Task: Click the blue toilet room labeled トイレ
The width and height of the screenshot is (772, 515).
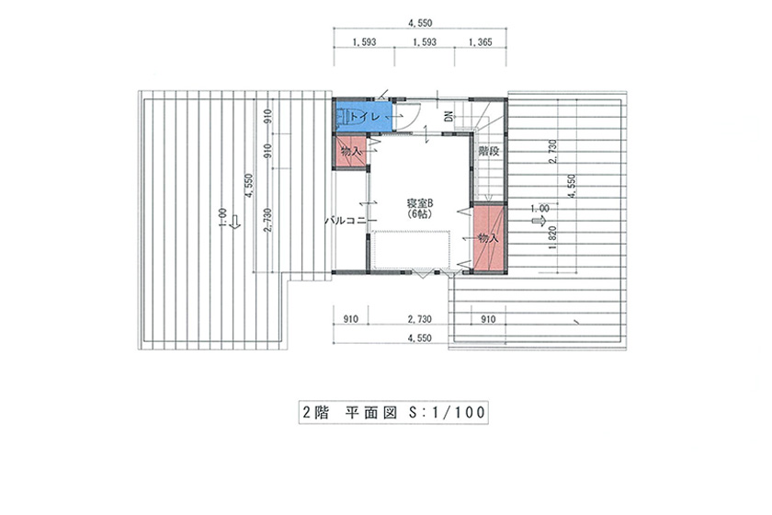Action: pyautogui.click(x=363, y=115)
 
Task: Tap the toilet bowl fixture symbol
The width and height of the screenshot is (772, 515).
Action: pyautogui.click(x=343, y=117)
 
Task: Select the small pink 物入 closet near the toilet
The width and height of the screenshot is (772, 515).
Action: pyautogui.click(x=351, y=152)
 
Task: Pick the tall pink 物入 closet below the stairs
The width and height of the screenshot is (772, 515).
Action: pyautogui.click(x=488, y=237)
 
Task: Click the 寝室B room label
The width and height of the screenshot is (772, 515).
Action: pyautogui.click(x=419, y=203)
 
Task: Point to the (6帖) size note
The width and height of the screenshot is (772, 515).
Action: pyautogui.click(x=419, y=214)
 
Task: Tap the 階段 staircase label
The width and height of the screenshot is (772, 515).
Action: pyautogui.click(x=488, y=152)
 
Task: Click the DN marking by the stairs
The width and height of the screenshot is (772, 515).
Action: pyautogui.click(x=448, y=117)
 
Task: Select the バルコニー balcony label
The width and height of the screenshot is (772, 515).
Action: pyautogui.click(x=350, y=221)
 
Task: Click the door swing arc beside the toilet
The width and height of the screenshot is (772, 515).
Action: pyautogui.click(x=413, y=120)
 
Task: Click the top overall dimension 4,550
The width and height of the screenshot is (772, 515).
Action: pyautogui.click(x=420, y=23)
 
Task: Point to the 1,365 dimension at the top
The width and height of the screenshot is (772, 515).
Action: pyautogui.click(x=480, y=42)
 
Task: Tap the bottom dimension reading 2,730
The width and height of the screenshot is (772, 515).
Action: pyautogui.click(x=419, y=319)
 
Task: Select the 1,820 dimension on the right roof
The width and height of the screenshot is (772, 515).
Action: pyautogui.click(x=552, y=238)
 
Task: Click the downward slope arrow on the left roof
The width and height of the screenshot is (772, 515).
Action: pyautogui.click(x=235, y=222)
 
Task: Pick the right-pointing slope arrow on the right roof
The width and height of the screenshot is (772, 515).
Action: pyautogui.click(x=539, y=222)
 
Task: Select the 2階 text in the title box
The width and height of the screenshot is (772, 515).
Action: pyautogui.click(x=315, y=413)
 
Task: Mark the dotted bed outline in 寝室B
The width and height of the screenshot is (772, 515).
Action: pyautogui.click(x=411, y=250)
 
